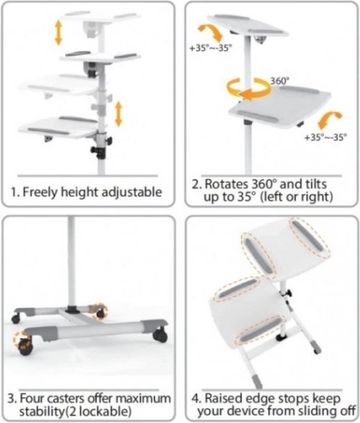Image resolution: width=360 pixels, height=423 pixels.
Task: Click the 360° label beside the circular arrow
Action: point(280,81)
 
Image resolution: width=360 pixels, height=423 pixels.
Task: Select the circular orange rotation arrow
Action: point(249,88)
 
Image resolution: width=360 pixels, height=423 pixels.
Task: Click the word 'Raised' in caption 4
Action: point(223,398)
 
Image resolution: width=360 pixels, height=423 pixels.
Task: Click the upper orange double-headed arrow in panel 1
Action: point(59,33)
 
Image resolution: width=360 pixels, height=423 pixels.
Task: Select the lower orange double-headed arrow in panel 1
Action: point(118,113)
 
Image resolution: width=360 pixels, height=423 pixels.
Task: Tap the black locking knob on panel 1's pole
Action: point(96,151)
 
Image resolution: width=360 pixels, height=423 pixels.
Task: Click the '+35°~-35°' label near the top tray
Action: point(211,48)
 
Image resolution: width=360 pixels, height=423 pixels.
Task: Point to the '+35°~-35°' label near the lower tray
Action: point(325,137)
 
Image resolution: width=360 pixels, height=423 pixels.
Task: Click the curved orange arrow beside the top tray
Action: point(211,31)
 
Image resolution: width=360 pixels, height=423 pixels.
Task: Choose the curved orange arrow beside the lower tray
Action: point(330,120)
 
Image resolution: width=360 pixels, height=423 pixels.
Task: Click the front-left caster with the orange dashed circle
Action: point(24,344)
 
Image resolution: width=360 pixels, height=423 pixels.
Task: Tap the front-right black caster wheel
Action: point(160,335)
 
